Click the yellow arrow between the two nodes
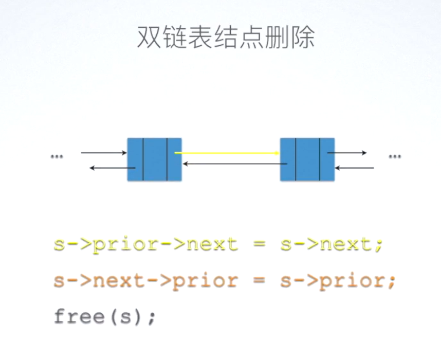(226, 153)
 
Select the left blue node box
(154, 159)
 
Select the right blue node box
(307, 159)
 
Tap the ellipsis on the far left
(57, 156)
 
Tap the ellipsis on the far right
(394, 156)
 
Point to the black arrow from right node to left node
(234, 164)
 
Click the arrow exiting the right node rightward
(347, 153)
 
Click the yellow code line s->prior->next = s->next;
(218, 243)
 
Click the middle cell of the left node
(155, 159)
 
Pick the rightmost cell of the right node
(327, 159)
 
